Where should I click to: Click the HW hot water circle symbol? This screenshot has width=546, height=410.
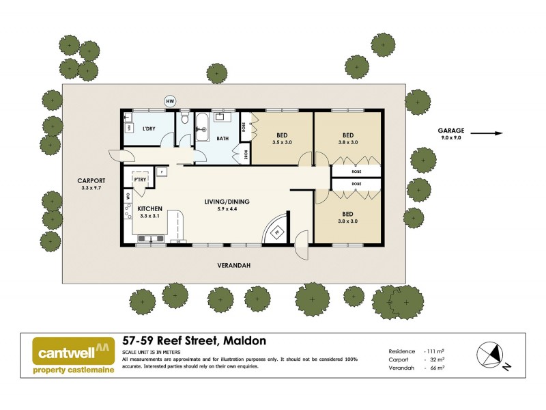170,101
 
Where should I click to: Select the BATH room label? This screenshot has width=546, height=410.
222,139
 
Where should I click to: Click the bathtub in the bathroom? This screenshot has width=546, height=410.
202,129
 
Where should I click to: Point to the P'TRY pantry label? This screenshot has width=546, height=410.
141,180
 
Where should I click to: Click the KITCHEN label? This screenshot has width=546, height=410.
149,208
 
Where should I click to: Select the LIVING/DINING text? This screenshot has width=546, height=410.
227,202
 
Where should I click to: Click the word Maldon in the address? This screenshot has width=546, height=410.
242,340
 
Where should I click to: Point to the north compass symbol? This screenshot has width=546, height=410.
491,355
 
